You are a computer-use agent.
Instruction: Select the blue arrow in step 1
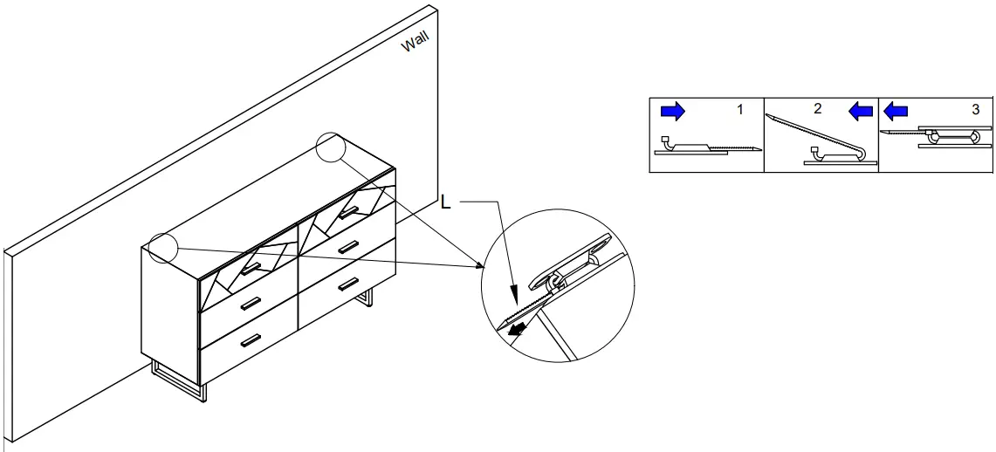[673, 112]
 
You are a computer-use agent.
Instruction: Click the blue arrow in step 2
[861, 112]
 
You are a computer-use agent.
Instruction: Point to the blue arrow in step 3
[896, 112]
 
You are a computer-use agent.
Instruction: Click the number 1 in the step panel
[740, 110]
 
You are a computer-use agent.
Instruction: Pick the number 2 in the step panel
[818, 108]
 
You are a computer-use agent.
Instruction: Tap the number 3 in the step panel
[976, 110]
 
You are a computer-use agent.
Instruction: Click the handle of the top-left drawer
[251, 269]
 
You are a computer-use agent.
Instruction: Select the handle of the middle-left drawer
[251, 304]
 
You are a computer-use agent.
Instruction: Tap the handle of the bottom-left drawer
[251, 340]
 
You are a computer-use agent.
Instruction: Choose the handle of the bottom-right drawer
[348, 283]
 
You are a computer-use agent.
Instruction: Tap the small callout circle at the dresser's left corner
[162, 247]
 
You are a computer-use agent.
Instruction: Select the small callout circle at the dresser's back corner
[330, 147]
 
